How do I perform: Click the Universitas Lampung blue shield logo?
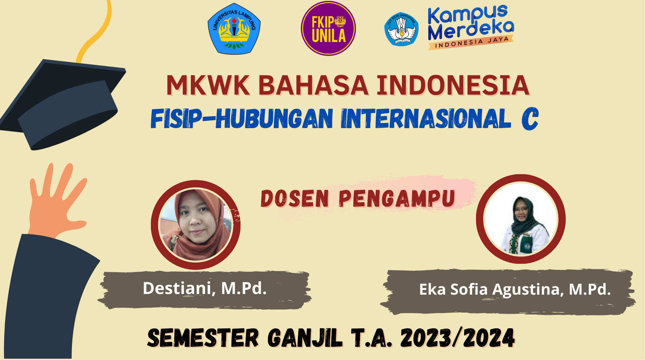tap(234, 28)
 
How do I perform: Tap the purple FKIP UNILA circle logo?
tap(328, 28)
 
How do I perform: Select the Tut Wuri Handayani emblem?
tap(402, 29)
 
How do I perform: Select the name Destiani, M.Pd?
tap(205, 288)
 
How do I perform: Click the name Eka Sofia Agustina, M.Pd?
tap(515, 289)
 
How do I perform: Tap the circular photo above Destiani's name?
tap(195, 225)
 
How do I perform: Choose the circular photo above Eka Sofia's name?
tap(521, 219)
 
